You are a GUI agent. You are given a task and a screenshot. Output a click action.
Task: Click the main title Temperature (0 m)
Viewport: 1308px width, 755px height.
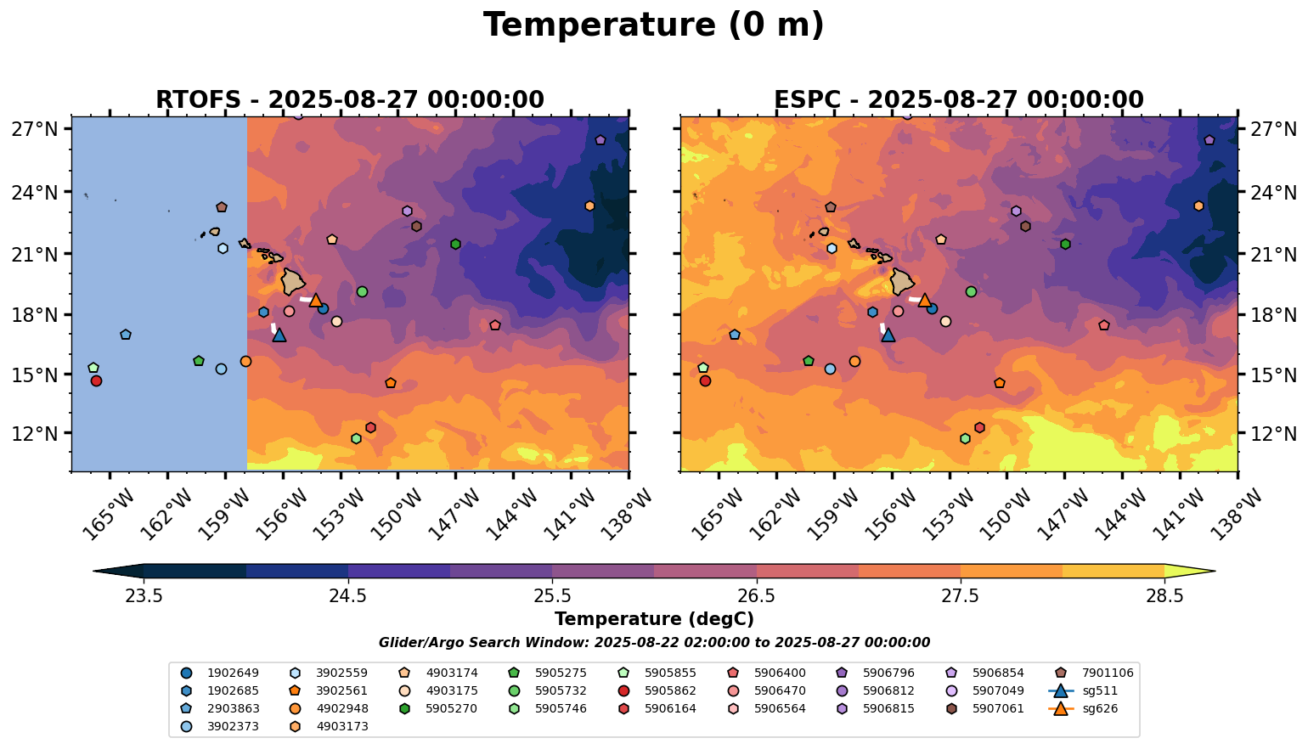tap(653, 25)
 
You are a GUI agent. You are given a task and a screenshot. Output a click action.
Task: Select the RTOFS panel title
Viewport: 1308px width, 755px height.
tap(349, 99)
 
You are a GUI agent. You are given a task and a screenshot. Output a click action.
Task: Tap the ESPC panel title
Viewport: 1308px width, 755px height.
tap(958, 99)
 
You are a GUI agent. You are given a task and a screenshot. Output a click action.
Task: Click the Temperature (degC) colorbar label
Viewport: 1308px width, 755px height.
tap(653, 619)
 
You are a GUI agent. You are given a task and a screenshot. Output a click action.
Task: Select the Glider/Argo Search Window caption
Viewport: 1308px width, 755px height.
tap(653, 643)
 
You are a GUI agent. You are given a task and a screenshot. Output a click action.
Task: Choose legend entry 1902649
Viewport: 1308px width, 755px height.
tap(221, 673)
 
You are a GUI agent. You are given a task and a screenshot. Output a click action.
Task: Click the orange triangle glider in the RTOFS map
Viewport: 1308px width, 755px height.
tap(316, 300)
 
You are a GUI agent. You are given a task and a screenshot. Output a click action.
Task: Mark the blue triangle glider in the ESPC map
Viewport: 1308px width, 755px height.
tap(888, 335)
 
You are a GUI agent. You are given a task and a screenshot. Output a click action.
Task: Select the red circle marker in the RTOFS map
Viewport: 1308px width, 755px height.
tap(96, 380)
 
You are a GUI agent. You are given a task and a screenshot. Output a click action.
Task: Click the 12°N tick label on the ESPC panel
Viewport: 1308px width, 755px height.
tap(1274, 434)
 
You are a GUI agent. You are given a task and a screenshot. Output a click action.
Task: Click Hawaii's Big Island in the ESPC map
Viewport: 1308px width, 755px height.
tap(902, 281)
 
